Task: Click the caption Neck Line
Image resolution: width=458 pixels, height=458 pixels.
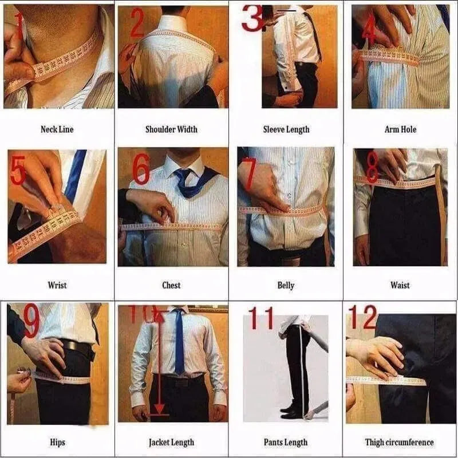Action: click(57, 129)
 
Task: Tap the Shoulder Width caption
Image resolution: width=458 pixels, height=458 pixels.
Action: click(171, 129)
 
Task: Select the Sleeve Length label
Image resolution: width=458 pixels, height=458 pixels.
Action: click(286, 129)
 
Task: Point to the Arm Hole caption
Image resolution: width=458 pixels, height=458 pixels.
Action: click(400, 129)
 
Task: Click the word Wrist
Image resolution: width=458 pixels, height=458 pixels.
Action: click(57, 285)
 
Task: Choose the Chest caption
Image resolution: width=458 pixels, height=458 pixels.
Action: click(171, 285)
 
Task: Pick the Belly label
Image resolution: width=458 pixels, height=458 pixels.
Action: click(286, 285)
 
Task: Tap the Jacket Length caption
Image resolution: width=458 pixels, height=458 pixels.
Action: click(171, 442)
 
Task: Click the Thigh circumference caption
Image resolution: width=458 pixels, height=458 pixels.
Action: click(400, 442)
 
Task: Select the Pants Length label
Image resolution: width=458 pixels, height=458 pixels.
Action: click(286, 442)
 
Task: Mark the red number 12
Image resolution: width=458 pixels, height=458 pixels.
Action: click(364, 317)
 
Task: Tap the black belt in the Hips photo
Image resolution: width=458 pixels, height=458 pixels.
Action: click(77, 347)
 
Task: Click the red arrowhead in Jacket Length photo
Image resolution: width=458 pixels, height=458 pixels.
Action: click(160, 410)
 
